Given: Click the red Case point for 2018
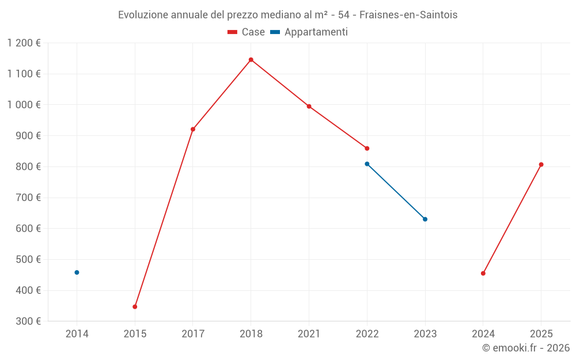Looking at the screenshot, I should [x=251, y=60].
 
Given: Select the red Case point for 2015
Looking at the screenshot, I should [x=135, y=306].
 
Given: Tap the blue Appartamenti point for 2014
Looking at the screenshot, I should [x=77, y=272].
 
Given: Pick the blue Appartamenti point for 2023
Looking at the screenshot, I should [x=425, y=219].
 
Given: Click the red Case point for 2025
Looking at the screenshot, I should [x=541, y=165].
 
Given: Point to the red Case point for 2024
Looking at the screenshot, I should [x=483, y=274].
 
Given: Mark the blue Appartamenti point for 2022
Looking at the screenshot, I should [x=367, y=164].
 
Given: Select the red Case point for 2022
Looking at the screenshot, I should [x=367, y=149].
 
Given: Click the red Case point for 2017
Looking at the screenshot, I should [x=193, y=129].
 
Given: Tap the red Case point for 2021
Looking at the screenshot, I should [x=309, y=107].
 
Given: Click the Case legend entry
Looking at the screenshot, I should [x=247, y=32].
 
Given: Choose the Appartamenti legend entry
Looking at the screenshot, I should [x=309, y=32].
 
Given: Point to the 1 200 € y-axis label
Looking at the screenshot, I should [x=24, y=43].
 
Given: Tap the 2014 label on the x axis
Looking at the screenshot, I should [x=77, y=334].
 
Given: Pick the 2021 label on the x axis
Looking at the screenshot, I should [x=309, y=334].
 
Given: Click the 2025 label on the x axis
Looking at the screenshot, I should [x=541, y=334].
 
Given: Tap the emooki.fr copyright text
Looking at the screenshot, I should [x=525, y=348].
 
